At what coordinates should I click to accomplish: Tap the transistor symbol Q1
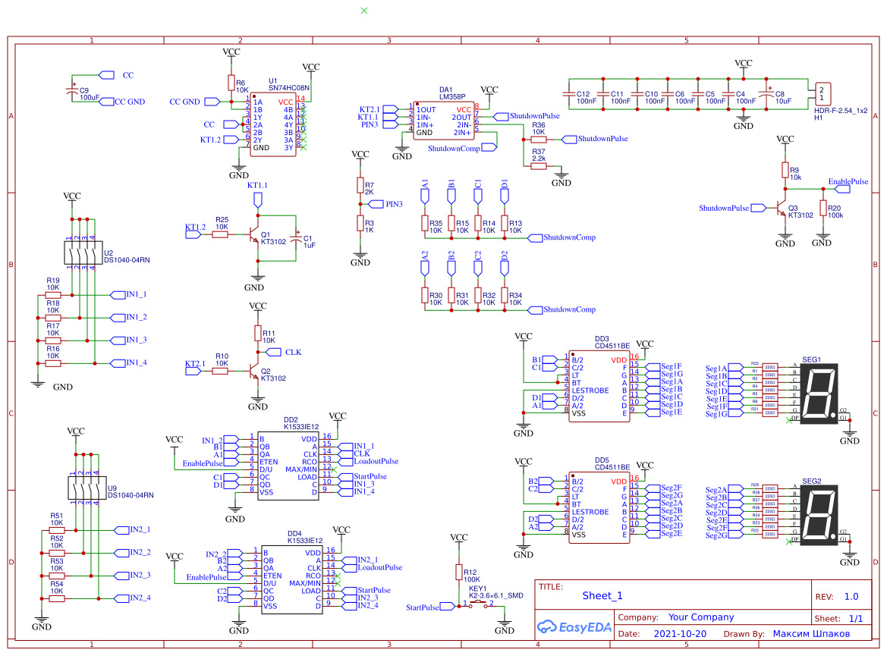pyautogui.click(x=256, y=235)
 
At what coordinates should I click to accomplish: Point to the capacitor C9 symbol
pyautogui.click(x=73, y=89)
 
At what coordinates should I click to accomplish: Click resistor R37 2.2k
pyautogui.click(x=538, y=166)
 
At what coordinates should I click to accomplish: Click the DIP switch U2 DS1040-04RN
pyautogui.click(x=83, y=253)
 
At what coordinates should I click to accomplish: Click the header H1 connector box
pyautogui.click(x=823, y=94)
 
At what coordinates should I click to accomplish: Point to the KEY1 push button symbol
pyautogui.click(x=480, y=604)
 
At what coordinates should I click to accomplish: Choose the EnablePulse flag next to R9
pyautogui.click(x=848, y=182)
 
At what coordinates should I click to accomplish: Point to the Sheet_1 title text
pyautogui.click(x=602, y=595)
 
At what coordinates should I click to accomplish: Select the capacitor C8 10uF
pyautogui.click(x=767, y=94)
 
